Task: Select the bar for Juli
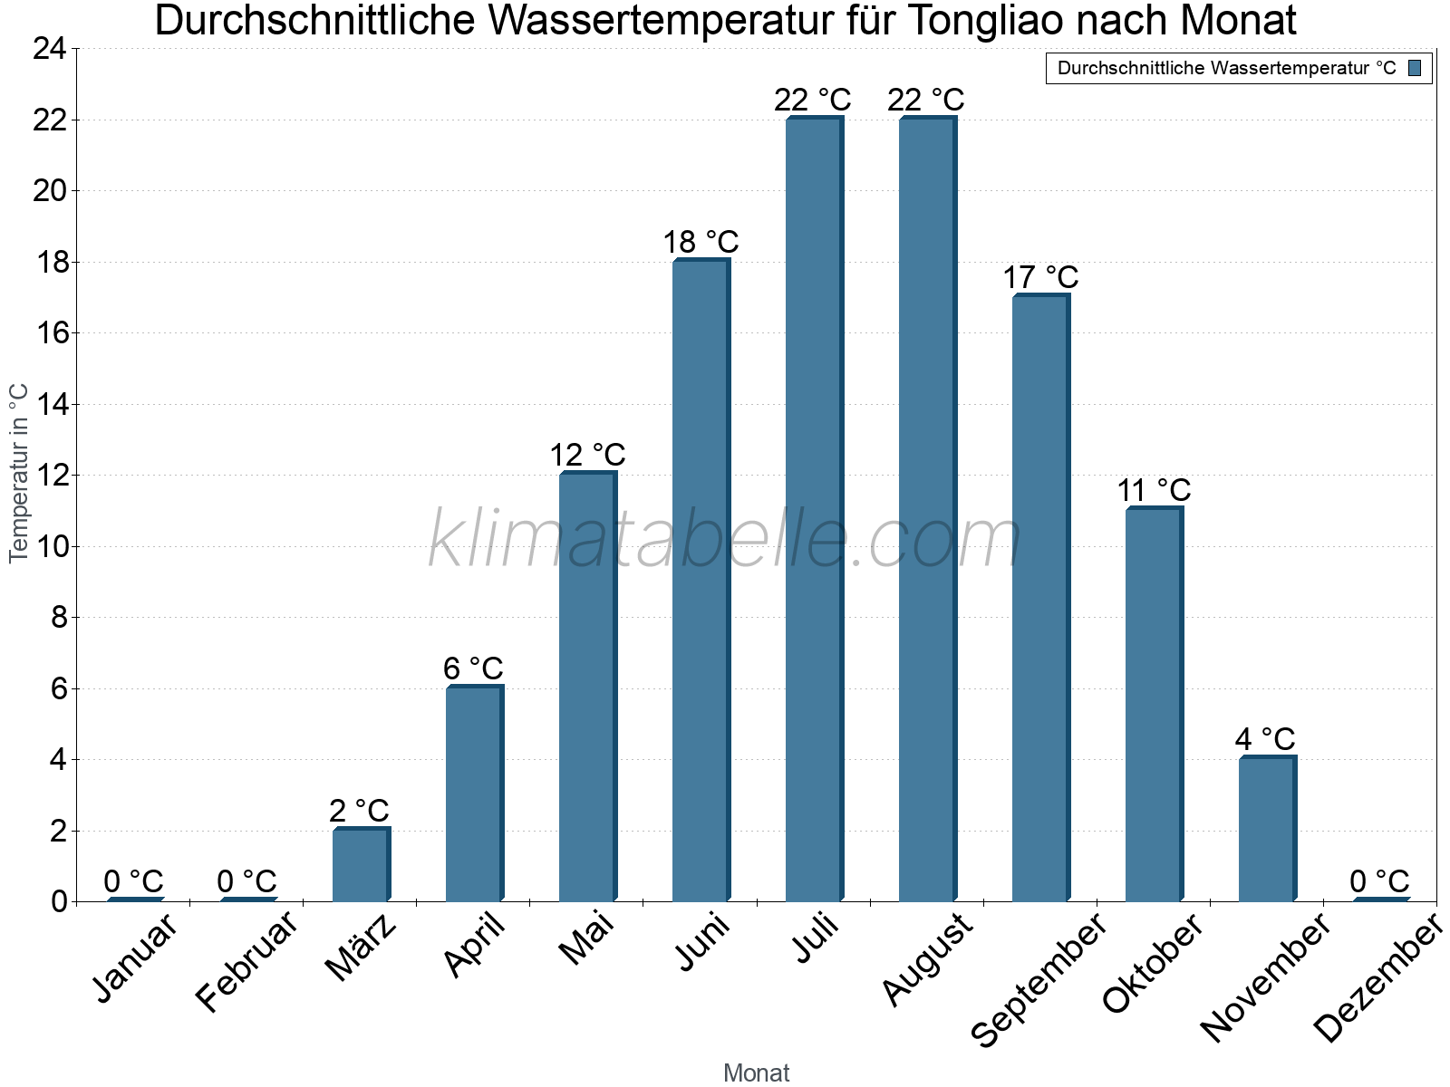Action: pyautogui.click(x=814, y=509)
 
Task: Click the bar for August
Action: pyautogui.click(x=927, y=509)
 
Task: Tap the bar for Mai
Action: pyautogui.click(x=587, y=687)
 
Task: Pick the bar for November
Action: pyautogui.click(x=1267, y=829)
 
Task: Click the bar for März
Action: pyautogui.click(x=361, y=864)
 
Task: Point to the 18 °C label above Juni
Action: pyautogui.click(x=701, y=243)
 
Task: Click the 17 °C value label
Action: pyautogui.click(x=1040, y=278)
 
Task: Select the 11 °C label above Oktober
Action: pyautogui.click(x=1154, y=491)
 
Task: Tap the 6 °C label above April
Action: pyautogui.click(x=473, y=669)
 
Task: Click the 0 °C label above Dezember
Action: pyautogui.click(x=1379, y=881)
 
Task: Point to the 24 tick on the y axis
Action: pyautogui.click(x=50, y=49)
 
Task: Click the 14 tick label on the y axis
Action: pyautogui.click(x=50, y=404)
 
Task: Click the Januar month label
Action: pyautogui.click(x=135, y=958)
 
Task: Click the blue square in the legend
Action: pyautogui.click(x=1415, y=68)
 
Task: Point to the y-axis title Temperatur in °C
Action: pyautogui.click(x=19, y=473)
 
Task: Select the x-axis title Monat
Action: pyautogui.click(x=757, y=1073)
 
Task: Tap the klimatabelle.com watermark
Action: pyautogui.click(x=725, y=541)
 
